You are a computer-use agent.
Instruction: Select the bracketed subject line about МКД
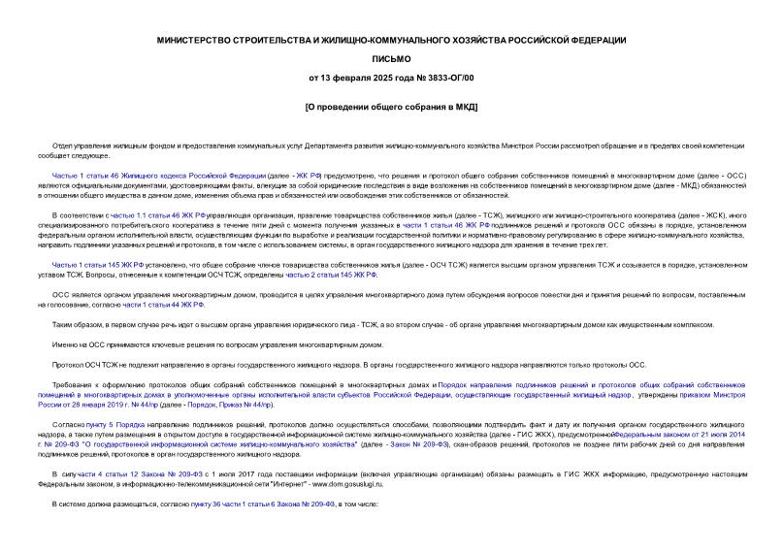[391, 105]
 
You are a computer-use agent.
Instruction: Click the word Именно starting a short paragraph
[66, 344]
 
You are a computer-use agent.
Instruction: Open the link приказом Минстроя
[711, 397]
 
